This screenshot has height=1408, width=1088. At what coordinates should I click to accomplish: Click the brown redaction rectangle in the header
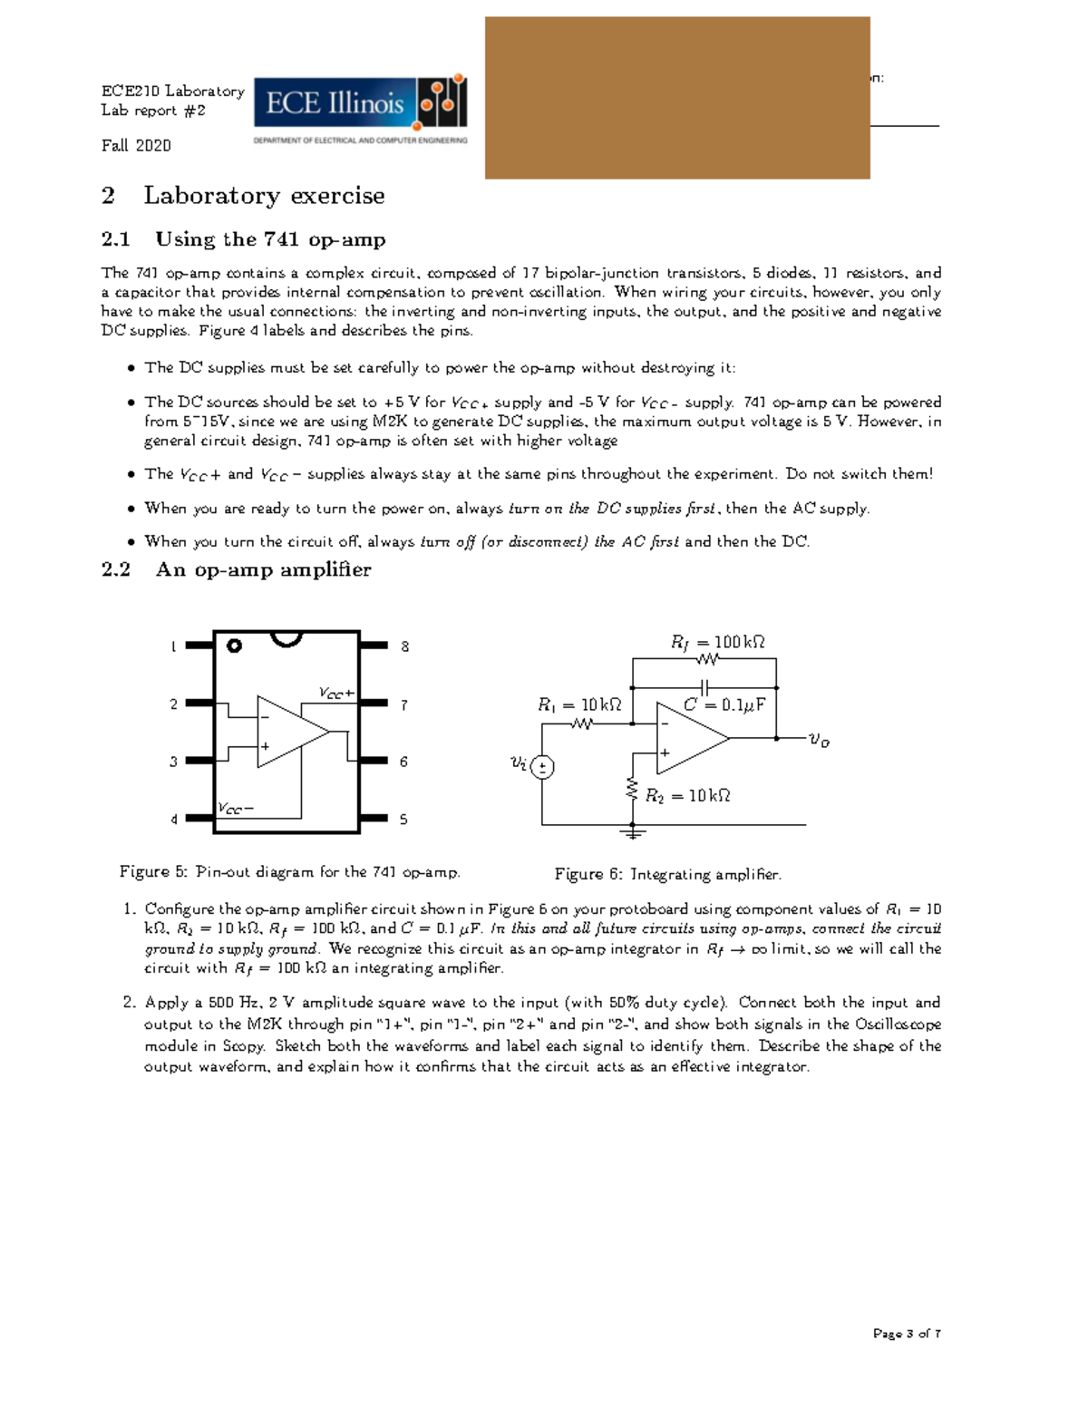677,98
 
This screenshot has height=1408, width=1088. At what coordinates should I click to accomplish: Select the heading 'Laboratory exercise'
263,196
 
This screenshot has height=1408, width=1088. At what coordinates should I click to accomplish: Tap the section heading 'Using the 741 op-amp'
270,239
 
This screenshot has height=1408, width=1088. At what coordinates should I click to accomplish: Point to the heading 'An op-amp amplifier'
263,569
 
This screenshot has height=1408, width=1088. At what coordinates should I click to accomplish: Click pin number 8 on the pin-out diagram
404,646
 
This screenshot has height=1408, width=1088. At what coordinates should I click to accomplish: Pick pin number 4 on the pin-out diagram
174,820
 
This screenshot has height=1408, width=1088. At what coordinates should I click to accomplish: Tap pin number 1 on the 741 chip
174,646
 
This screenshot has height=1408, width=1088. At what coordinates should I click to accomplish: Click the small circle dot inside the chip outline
235,646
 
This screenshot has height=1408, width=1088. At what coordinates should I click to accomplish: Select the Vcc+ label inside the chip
336,694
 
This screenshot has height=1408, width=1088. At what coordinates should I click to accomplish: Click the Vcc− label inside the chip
236,808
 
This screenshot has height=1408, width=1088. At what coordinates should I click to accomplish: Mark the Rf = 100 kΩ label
717,642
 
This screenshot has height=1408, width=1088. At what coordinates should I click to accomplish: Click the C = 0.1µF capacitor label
724,704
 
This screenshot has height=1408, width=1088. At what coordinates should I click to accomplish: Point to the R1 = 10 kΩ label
579,704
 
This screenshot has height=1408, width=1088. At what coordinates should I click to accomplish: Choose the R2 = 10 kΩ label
687,795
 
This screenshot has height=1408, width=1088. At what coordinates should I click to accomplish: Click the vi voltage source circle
542,767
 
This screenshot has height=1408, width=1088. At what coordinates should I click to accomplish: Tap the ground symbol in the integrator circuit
633,831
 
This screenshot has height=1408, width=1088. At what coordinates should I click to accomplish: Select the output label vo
819,741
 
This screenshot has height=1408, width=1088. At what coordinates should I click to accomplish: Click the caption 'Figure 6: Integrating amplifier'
667,874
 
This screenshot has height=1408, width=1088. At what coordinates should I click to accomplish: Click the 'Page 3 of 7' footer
906,1334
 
